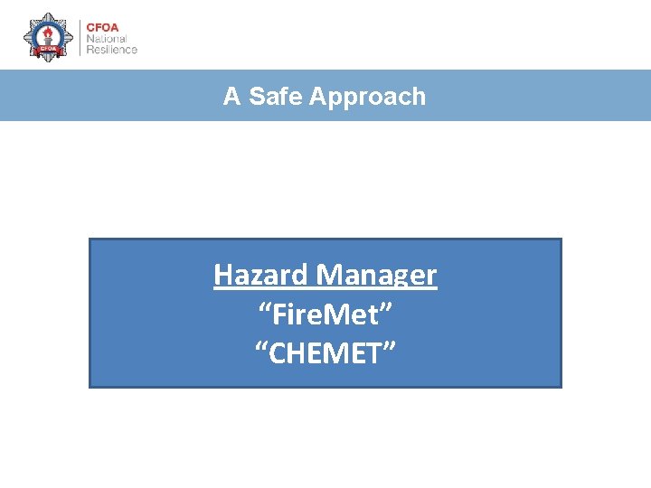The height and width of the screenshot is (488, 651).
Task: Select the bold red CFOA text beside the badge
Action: click(101, 26)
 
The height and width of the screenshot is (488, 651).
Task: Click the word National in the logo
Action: click(107, 38)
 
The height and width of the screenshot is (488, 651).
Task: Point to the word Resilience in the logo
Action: click(111, 50)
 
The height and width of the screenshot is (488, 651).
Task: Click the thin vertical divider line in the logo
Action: click(80, 38)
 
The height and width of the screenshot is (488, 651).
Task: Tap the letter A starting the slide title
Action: click(231, 97)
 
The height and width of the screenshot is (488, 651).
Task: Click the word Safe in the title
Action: click(276, 97)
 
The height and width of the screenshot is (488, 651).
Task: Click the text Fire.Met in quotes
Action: click(325, 314)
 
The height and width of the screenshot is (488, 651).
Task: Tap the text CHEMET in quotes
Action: click(325, 353)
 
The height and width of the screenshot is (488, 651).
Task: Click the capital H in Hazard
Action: click(222, 274)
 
